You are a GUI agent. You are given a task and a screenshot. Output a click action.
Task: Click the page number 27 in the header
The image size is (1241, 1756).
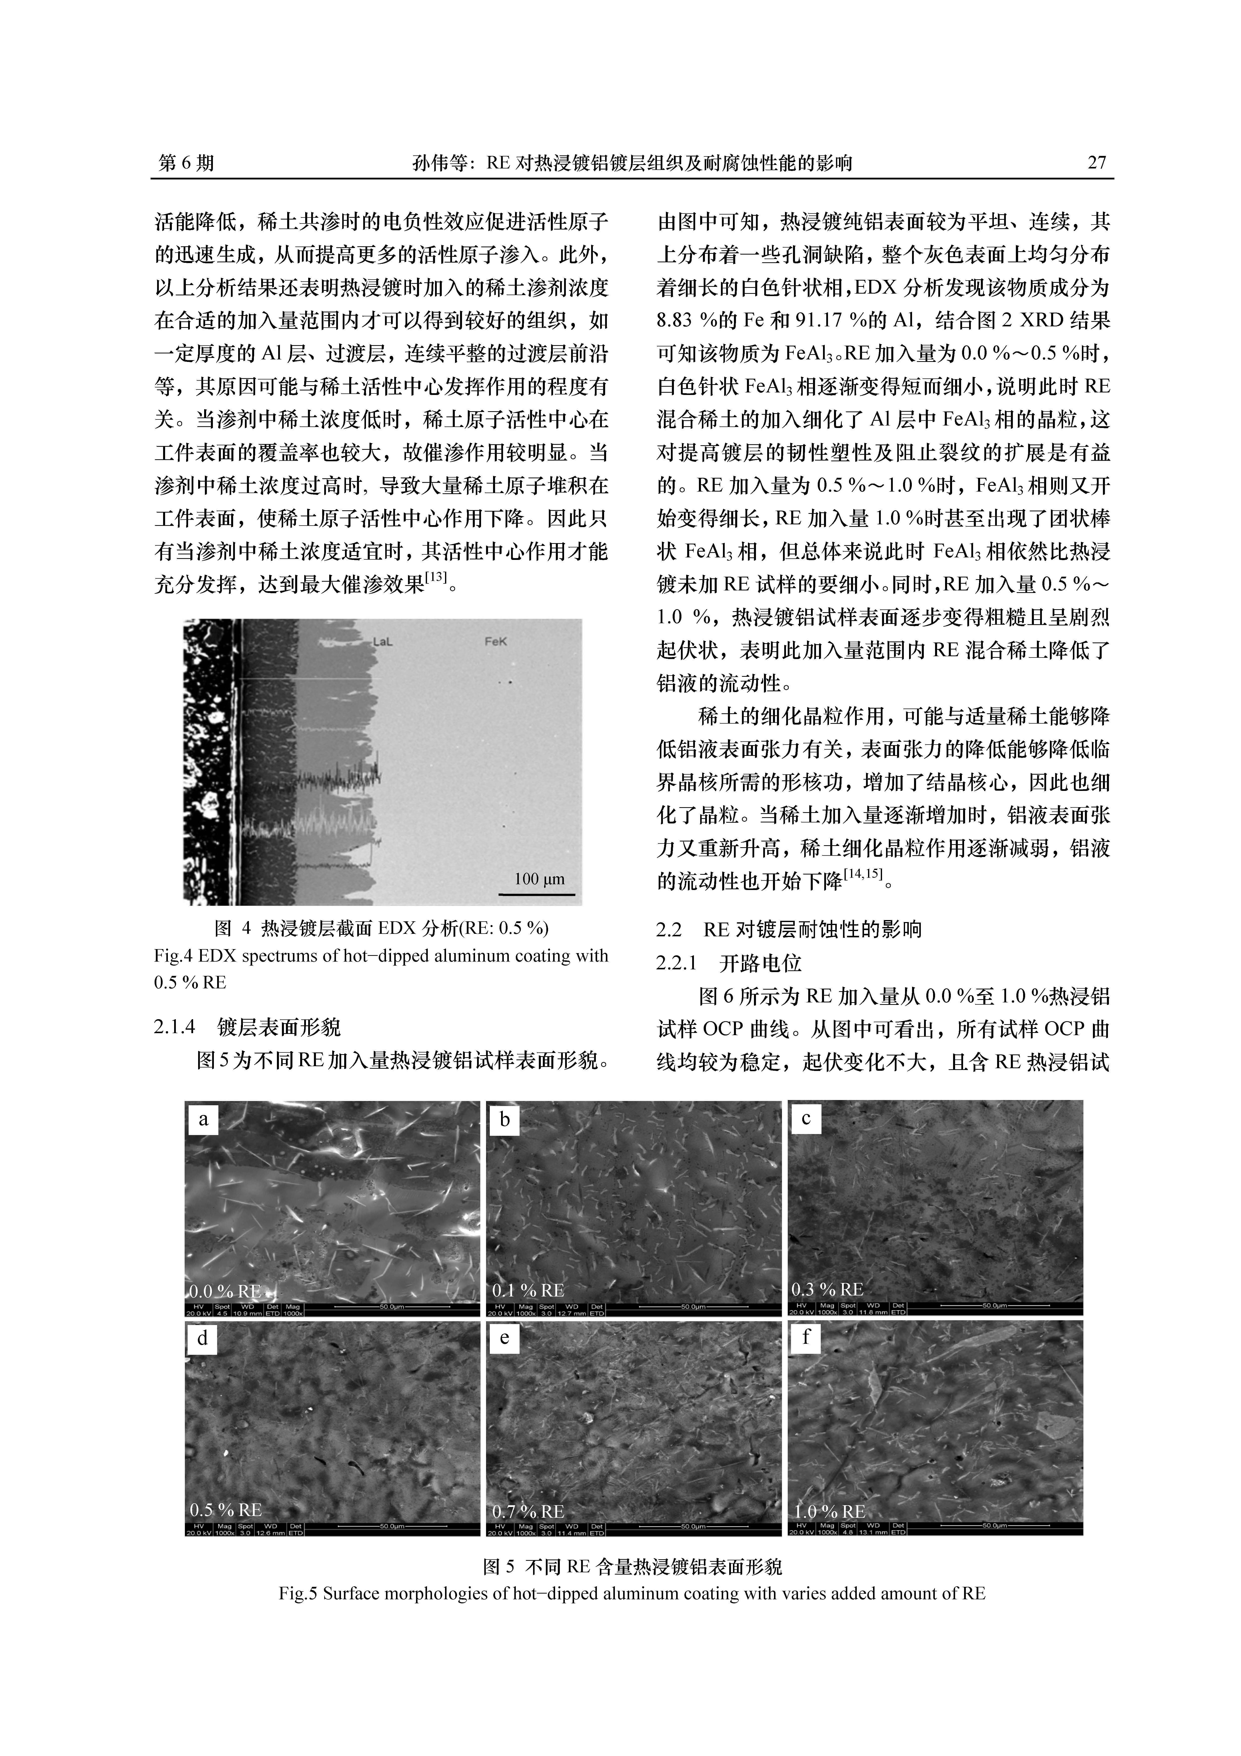pos(1096,163)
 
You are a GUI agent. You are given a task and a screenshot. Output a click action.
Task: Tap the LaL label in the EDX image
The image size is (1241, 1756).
pos(382,642)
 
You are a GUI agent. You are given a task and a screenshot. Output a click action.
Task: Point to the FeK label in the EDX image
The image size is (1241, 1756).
pos(496,642)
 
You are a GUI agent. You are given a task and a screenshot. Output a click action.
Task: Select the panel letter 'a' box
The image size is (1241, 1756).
pos(203,1120)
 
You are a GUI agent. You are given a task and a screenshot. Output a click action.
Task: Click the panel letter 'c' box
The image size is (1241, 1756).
pos(806,1119)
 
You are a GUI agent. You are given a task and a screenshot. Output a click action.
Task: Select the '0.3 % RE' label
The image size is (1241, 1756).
pos(827,1290)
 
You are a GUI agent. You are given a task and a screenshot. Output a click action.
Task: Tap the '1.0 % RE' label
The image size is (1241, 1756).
pos(831,1512)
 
